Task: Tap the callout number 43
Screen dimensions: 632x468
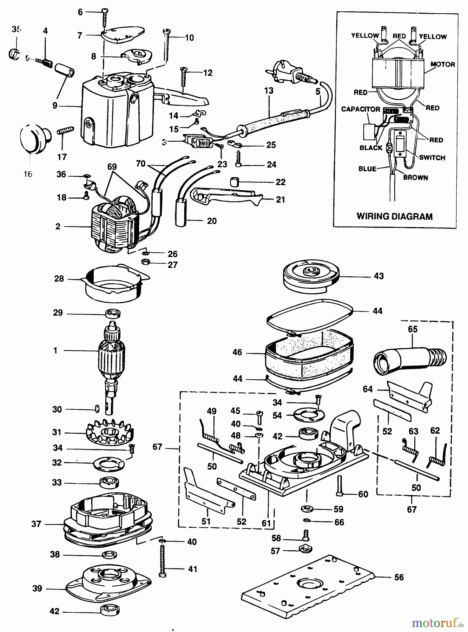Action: pyautogui.click(x=378, y=276)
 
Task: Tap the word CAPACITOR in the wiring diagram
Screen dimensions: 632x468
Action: pyautogui.click(x=361, y=109)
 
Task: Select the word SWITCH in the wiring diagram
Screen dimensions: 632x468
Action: pyautogui.click(x=432, y=158)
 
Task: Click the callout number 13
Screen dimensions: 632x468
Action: pyautogui.click(x=269, y=91)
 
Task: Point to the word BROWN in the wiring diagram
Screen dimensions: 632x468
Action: pyautogui.click(x=415, y=177)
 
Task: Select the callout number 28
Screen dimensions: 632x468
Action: pyautogui.click(x=59, y=278)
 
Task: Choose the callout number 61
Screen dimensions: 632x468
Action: pyautogui.click(x=266, y=523)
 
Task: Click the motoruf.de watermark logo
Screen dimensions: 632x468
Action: pyautogui.click(x=437, y=623)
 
